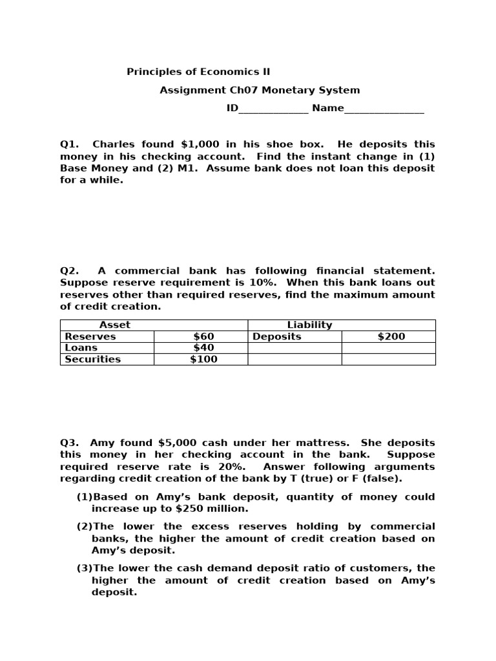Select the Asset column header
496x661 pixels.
pyautogui.click(x=114, y=325)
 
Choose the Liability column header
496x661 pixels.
pyautogui.click(x=309, y=325)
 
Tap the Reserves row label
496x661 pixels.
pyautogui.click(x=90, y=336)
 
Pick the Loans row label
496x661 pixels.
pyautogui.click(x=81, y=348)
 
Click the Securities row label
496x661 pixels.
pyautogui.click(x=92, y=360)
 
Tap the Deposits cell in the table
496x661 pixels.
pyautogui.click(x=276, y=336)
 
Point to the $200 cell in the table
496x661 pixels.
pyautogui.click(x=391, y=336)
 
